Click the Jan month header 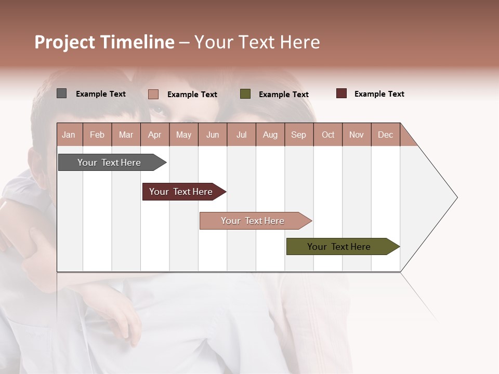69,135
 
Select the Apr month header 154,135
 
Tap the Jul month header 241,135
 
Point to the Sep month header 298,135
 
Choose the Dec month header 385,135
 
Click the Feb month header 97,135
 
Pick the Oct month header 328,135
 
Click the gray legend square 62,94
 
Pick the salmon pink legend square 153,94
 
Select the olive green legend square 245,94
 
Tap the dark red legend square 342,94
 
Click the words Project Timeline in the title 104,42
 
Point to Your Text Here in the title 257,42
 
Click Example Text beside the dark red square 379,94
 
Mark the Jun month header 213,135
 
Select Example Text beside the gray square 101,94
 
